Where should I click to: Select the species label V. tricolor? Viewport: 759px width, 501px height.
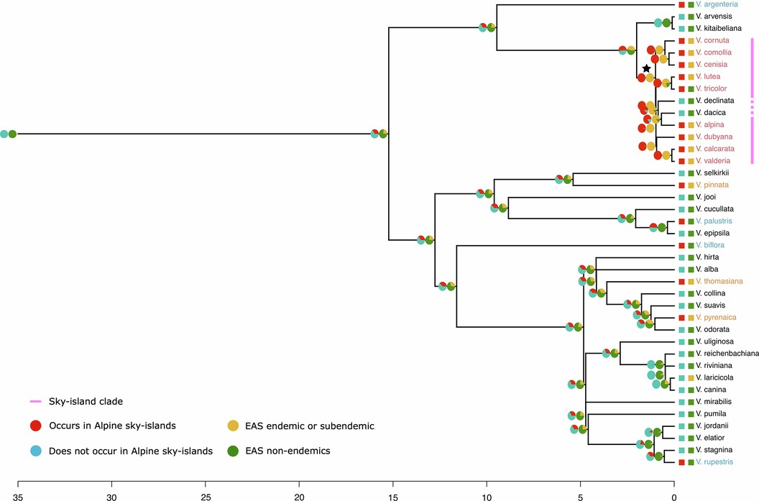pos(710,88)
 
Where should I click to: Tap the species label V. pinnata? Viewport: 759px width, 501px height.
pos(710,185)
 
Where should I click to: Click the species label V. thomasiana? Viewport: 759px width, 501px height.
pos(717,281)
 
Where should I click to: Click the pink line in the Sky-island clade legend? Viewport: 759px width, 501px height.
pos(34,401)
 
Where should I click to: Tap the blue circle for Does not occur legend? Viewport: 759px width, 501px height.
pos(34,451)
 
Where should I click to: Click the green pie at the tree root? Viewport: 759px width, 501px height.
pos(12,134)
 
